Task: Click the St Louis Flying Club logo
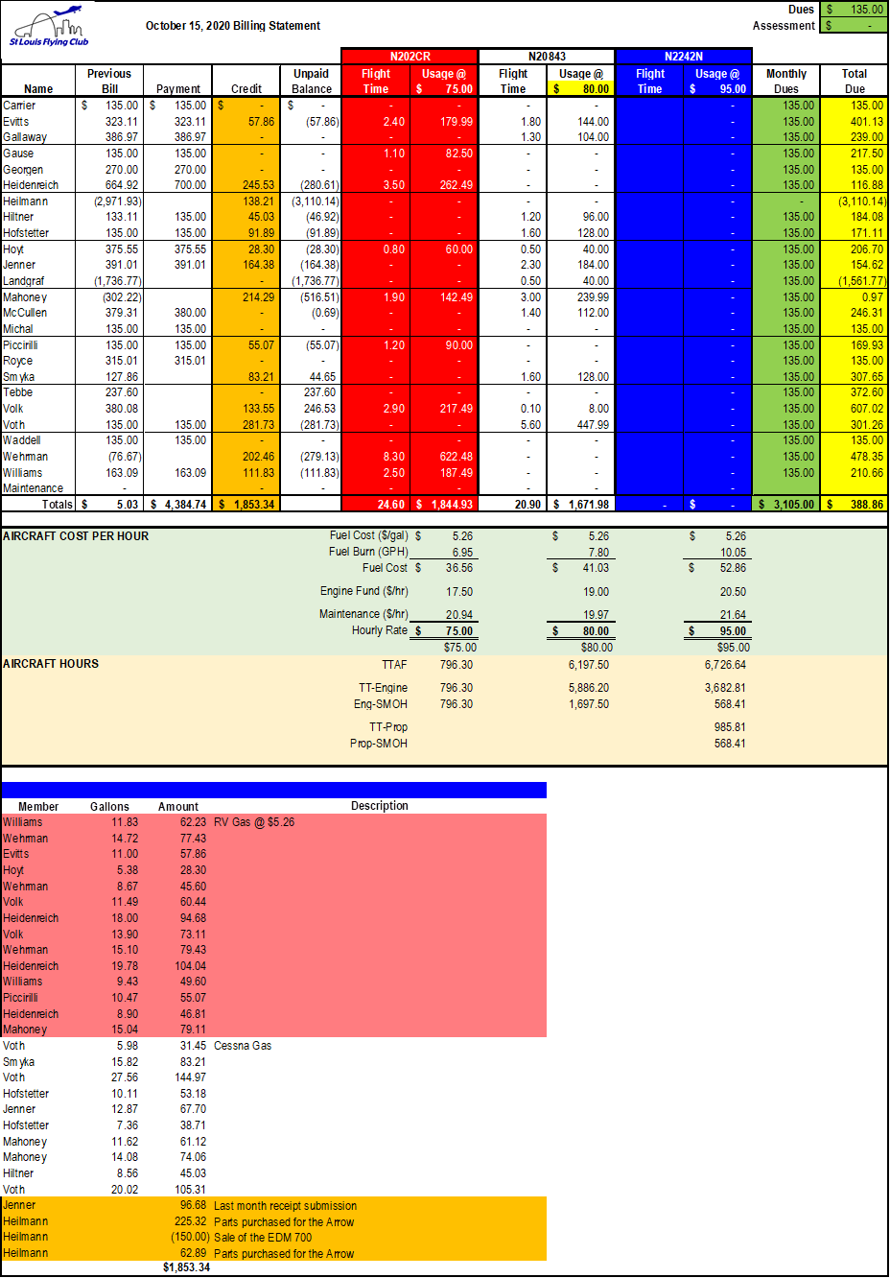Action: pyautogui.click(x=49, y=28)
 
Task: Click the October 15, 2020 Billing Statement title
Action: pyautogui.click(x=233, y=26)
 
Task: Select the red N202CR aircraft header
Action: pyautogui.click(x=410, y=57)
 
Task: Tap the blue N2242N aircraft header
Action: pyautogui.click(x=683, y=57)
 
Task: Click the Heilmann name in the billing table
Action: pyautogui.click(x=26, y=201)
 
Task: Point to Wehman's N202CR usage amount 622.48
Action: pyautogui.click(x=456, y=457)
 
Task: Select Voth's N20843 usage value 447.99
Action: pyautogui.click(x=593, y=425)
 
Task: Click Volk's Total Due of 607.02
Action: pyautogui.click(x=866, y=409)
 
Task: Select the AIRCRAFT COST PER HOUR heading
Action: pyautogui.click(x=76, y=536)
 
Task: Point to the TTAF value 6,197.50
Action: pyautogui.click(x=588, y=665)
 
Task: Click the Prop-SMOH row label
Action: pyautogui.click(x=379, y=744)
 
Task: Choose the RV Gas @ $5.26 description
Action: pyautogui.click(x=254, y=822)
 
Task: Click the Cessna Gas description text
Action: pyautogui.click(x=243, y=1046)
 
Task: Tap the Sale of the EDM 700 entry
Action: pyautogui.click(x=263, y=1238)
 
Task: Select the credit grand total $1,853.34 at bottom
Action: pyautogui.click(x=186, y=1267)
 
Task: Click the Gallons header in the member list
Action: pyautogui.click(x=109, y=807)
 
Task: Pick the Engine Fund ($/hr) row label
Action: pyautogui.click(x=363, y=591)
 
